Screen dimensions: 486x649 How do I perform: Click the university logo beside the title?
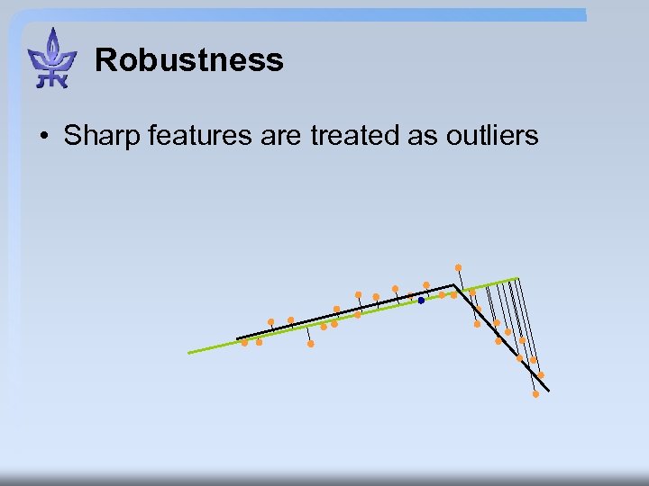52,58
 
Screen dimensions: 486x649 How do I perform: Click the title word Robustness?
188,60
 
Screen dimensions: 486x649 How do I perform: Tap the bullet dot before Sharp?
43,137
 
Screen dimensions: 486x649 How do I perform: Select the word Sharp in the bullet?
99,136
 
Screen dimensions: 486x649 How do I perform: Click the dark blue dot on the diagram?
421,301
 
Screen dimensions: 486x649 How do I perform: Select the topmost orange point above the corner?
458,267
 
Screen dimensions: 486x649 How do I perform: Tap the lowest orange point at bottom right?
535,394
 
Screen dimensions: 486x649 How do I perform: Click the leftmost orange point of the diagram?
244,342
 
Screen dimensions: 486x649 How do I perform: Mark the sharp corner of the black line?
453,286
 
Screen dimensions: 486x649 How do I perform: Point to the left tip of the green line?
188,353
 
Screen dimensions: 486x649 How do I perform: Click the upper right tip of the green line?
517,278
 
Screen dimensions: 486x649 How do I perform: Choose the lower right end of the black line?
548,391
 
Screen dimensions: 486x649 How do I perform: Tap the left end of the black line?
237,338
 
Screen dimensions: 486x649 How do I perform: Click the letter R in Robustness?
105,60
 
